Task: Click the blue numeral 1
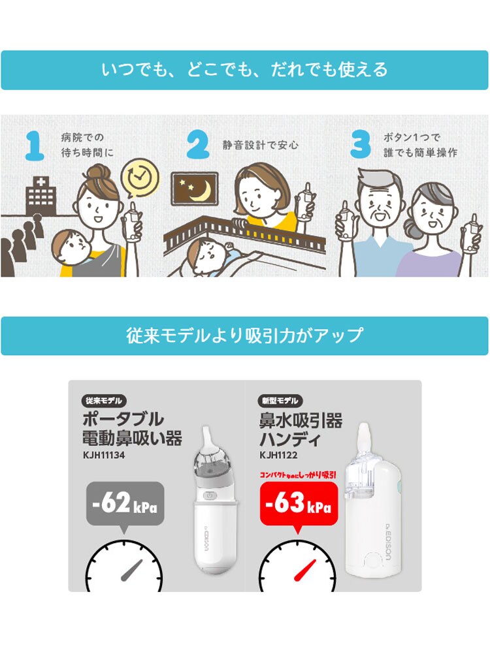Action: point(35,145)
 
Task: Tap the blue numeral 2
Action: point(198,144)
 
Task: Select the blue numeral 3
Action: point(360,144)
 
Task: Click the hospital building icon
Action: point(41,196)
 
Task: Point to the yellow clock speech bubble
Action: point(140,178)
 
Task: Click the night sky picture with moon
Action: point(195,189)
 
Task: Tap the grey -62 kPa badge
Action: point(125,504)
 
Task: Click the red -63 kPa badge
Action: point(299,504)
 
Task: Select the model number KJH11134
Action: point(104,455)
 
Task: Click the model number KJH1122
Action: point(278,455)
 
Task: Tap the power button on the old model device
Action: point(210,495)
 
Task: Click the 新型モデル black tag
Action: point(280,400)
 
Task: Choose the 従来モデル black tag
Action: point(104,400)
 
